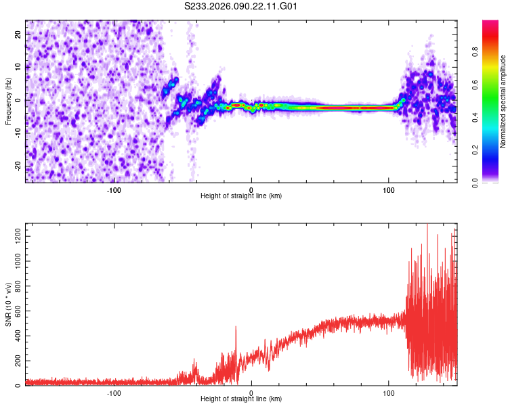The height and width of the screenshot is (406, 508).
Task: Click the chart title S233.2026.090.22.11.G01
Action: point(242,6)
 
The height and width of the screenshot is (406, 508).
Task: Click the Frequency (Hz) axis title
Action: point(8,101)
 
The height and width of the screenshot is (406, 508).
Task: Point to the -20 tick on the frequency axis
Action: point(16,166)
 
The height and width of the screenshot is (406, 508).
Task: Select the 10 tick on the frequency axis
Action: point(18,67)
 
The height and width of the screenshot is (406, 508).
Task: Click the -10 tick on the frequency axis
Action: point(16,133)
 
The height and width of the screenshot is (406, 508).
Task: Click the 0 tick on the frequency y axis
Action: point(20,100)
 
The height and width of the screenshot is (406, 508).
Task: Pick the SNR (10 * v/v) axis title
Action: point(8,304)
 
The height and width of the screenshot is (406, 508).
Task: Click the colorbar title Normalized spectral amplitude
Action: point(503,101)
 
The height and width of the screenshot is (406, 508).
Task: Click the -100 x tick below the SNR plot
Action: point(114,393)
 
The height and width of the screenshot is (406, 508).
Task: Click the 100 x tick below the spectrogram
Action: point(389,190)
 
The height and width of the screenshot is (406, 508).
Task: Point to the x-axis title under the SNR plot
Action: point(241,401)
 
